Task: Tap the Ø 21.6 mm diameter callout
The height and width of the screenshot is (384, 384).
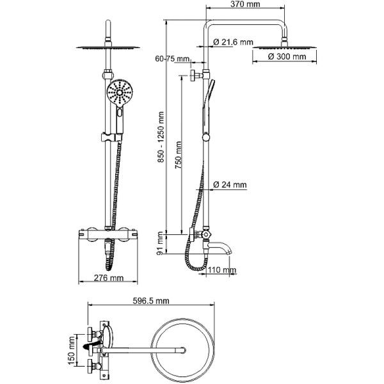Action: (232, 42)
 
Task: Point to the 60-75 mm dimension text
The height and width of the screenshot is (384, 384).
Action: (172, 60)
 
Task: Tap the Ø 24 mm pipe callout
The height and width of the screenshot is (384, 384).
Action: (229, 185)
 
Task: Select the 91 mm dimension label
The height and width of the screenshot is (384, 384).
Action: (161, 243)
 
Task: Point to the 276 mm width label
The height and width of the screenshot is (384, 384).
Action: (108, 278)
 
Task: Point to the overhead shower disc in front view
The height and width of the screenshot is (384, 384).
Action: (108, 46)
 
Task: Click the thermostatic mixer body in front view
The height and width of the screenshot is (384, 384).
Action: (108, 234)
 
